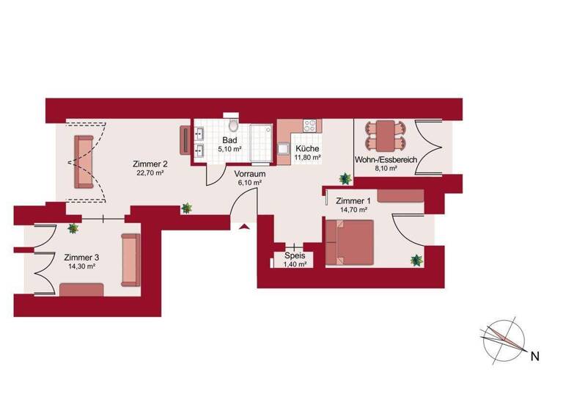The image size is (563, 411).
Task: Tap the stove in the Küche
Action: (310, 126)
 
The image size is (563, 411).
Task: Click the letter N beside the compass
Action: (535, 357)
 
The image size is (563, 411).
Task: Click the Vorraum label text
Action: (249, 174)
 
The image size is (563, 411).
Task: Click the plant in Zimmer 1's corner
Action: (416, 260)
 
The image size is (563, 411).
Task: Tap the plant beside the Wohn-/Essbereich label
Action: (344, 178)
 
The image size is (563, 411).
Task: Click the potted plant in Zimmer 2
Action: (187, 208)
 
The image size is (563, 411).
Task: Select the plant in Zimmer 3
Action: (73, 228)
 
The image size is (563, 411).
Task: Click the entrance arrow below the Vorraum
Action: (242, 227)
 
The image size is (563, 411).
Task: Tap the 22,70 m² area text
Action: (149, 173)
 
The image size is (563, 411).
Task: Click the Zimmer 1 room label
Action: (353, 200)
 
